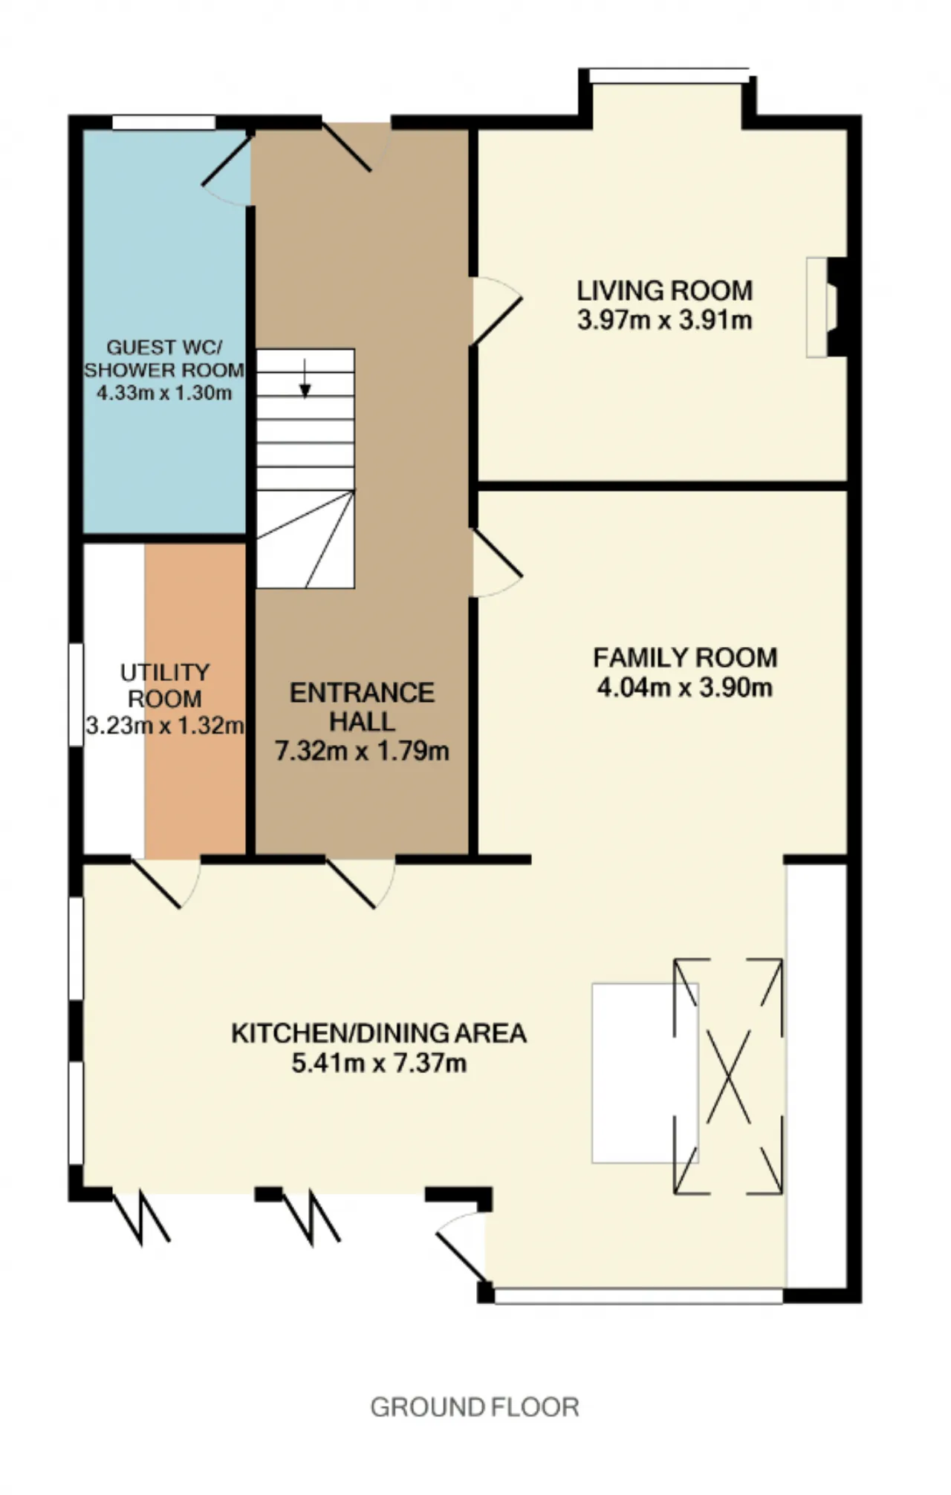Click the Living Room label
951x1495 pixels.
(665, 290)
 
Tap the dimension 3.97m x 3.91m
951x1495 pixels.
(665, 320)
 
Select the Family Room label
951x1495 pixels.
(685, 657)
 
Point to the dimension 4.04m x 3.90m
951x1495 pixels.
(685, 687)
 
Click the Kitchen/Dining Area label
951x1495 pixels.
(379, 1033)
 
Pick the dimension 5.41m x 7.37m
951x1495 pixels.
(379, 1063)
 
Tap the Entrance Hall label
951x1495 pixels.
(363, 706)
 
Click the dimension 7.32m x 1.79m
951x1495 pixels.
(363, 751)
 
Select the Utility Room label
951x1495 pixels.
(165, 685)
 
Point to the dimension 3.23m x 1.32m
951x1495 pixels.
(165, 725)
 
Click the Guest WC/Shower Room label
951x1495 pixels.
(164, 358)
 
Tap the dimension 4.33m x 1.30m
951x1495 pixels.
(164, 392)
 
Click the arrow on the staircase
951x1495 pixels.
(305, 378)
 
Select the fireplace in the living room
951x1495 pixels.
(827, 307)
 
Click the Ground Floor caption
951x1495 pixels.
(475, 1407)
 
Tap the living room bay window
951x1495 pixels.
(669, 75)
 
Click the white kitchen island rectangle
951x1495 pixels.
(645, 1073)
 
